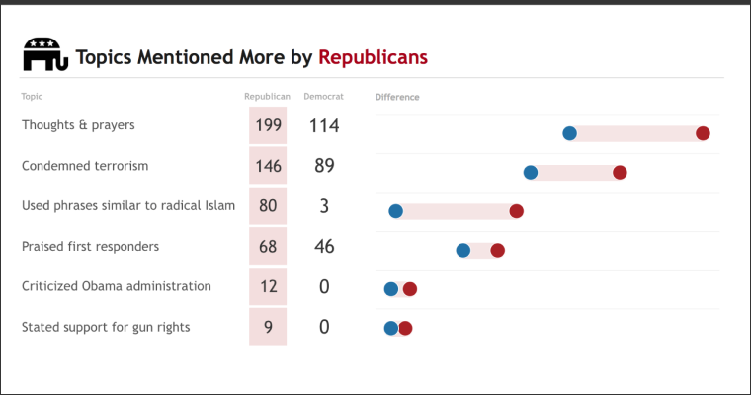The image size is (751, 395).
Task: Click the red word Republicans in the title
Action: [373, 57]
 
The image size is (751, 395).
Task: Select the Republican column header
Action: [267, 97]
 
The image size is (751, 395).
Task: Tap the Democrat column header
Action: [323, 97]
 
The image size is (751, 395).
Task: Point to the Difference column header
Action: [397, 97]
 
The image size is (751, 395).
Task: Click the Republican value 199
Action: [268, 125]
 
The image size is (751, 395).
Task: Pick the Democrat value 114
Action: [324, 125]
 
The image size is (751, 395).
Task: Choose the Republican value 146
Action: [268, 166]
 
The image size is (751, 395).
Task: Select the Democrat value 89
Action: [324, 166]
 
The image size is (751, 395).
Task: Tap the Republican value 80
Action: [268, 206]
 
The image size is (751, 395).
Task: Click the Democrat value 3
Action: [324, 206]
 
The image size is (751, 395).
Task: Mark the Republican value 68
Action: [268, 247]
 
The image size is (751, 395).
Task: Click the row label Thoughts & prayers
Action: [78, 125]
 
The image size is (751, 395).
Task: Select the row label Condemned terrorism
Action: [85, 166]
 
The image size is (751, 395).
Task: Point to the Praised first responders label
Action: [90, 246]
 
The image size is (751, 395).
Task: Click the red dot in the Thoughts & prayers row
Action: [703, 133]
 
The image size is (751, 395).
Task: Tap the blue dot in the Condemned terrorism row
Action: [531, 172]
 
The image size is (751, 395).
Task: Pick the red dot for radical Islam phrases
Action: [516, 211]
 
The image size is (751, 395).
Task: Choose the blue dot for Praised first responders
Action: [463, 250]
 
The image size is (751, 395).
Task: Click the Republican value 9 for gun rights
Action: [268, 327]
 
